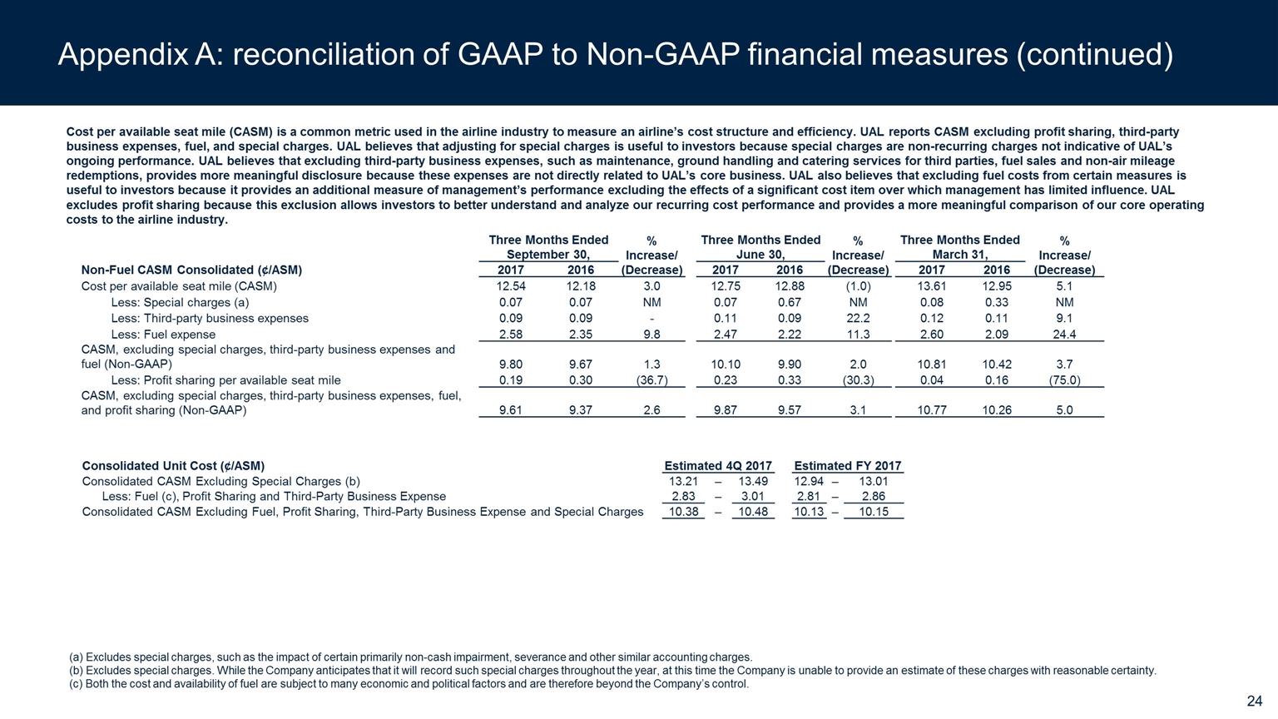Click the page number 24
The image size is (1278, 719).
click(1254, 702)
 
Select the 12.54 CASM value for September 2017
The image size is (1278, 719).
click(510, 286)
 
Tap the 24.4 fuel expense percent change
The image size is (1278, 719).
click(1064, 335)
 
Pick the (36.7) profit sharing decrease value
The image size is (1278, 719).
click(651, 380)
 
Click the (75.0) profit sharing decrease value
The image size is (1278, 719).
click(1064, 380)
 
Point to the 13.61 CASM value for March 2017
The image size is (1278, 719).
click(931, 286)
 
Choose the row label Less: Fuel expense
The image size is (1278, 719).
click(163, 335)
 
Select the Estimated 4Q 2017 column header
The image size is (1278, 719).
click(717, 466)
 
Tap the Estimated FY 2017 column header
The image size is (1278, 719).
click(847, 466)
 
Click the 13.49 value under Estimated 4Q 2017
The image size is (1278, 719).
click(752, 482)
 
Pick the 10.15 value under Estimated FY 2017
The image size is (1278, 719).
click(873, 512)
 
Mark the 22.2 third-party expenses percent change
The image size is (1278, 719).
click(858, 319)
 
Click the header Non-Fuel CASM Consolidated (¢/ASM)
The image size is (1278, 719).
click(191, 270)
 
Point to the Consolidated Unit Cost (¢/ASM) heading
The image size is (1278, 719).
click(173, 466)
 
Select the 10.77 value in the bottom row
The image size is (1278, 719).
click(931, 410)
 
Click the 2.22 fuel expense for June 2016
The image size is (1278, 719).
click(789, 335)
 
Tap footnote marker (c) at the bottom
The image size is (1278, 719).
click(76, 685)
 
